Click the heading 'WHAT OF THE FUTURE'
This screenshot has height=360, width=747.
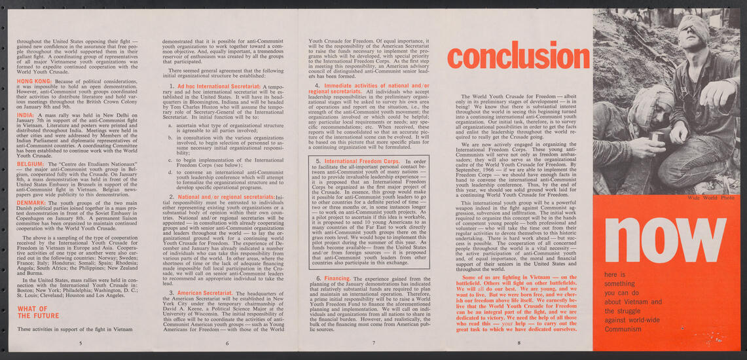click(x=37, y=312)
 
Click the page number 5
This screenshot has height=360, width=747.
click(x=80, y=342)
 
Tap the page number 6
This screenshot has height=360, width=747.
click(x=226, y=342)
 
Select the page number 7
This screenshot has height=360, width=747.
click(x=373, y=342)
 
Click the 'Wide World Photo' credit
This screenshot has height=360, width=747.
click(x=706, y=198)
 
